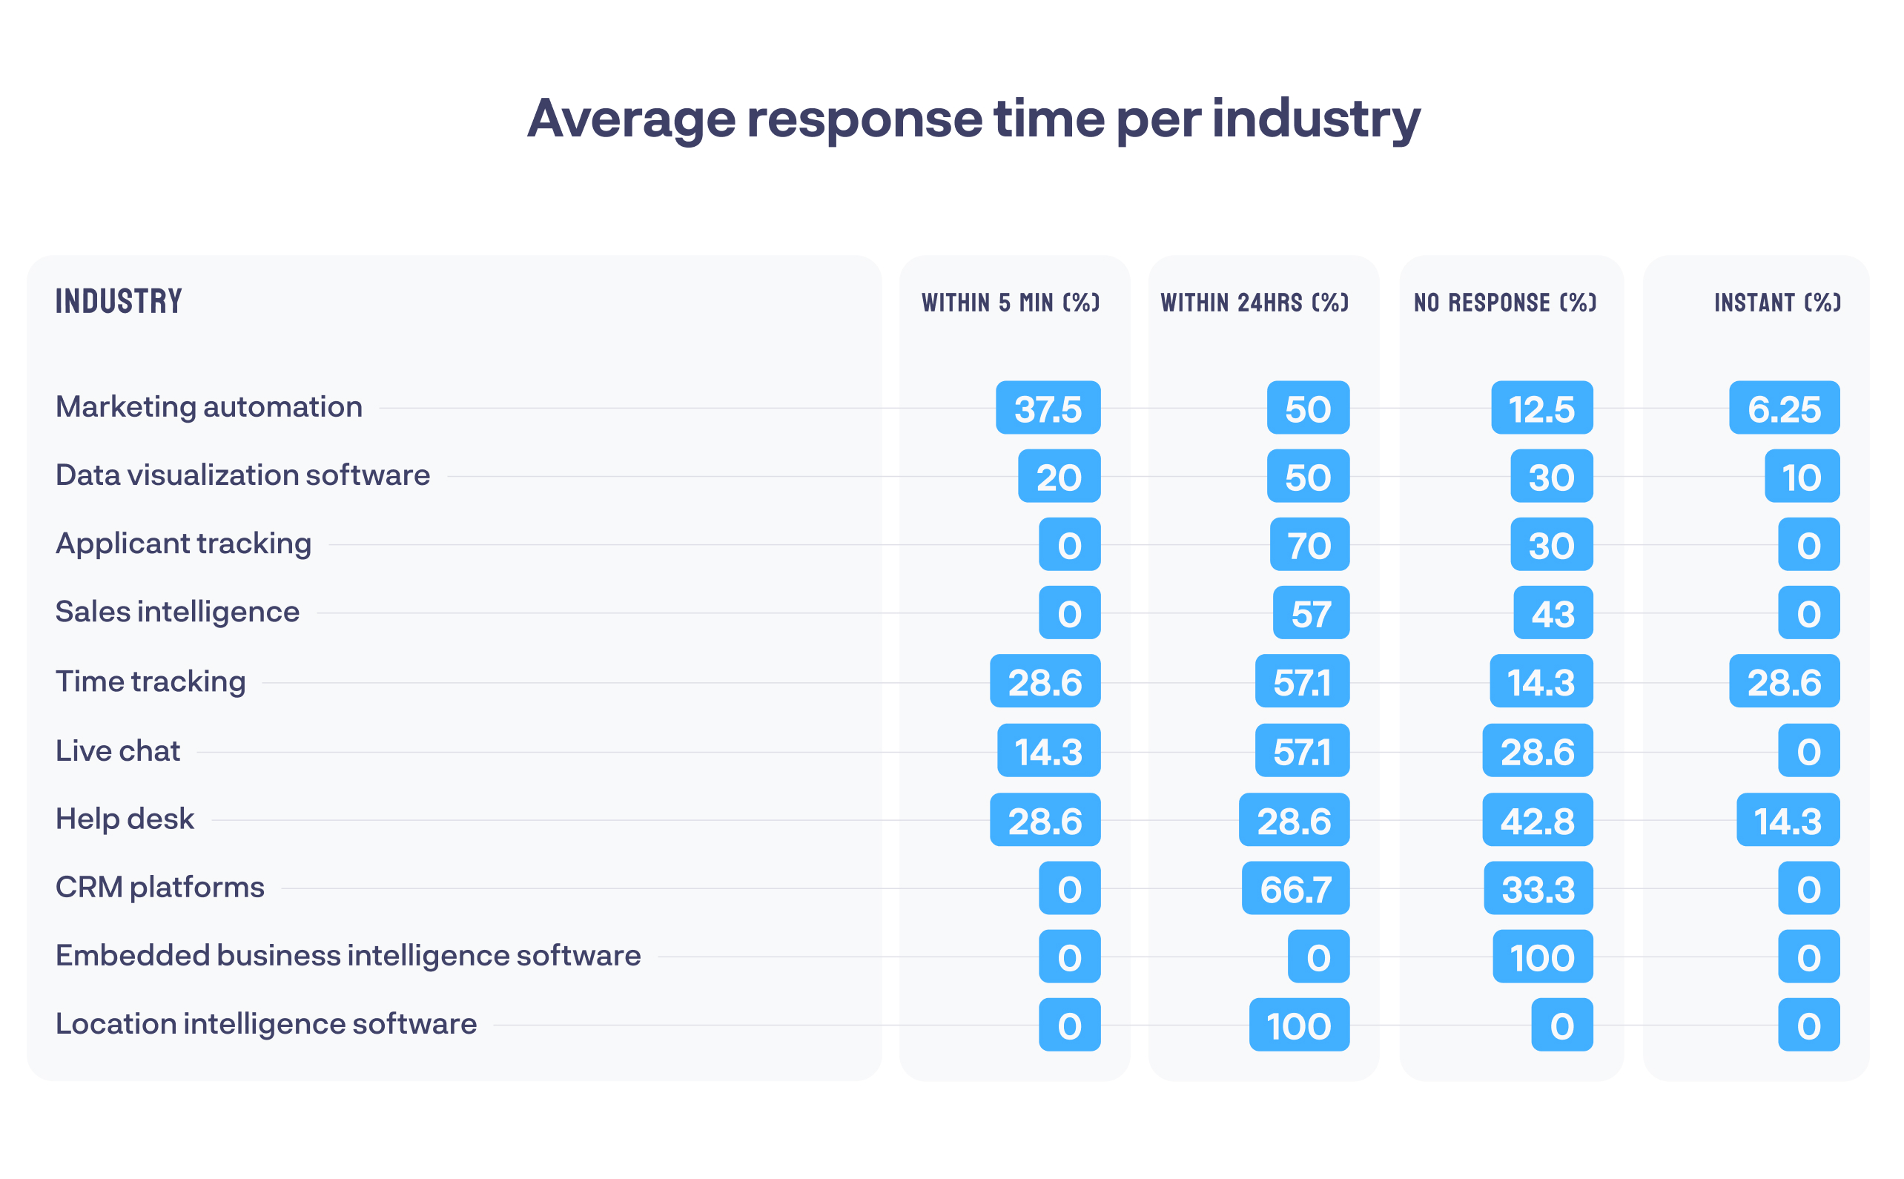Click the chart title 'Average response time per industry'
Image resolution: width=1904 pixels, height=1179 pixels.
[x=973, y=119]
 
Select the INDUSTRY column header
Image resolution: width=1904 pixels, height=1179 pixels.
[x=119, y=302]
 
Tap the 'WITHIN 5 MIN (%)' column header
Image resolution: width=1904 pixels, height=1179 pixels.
[x=1011, y=303]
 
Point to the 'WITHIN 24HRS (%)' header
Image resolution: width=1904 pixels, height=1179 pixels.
[x=1255, y=303]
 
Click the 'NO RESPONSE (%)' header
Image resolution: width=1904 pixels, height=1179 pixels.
[x=1505, y=303]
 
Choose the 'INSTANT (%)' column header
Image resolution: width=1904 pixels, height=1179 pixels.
[x=1777, y=303]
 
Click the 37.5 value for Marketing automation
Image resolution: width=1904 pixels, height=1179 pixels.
[x=1048, y=408]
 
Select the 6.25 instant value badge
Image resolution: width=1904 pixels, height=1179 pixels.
[x=1784, y=408]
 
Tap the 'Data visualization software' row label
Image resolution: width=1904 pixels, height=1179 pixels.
[x=242, y=475]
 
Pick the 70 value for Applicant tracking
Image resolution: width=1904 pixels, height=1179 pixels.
[x=1309, y=545]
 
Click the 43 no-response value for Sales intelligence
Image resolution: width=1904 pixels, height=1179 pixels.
[x=1553, y=614]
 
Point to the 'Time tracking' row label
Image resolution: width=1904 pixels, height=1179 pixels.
[x=151, y=681]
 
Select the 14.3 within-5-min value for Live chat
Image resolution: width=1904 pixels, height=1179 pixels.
[x=1048, y=751]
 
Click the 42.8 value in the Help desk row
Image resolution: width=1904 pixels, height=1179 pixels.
[x=1537, y=820]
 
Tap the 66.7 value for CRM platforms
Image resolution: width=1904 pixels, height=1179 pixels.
[x=1295, y=889]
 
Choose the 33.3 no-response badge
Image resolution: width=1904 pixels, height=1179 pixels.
[x=1538, y=889]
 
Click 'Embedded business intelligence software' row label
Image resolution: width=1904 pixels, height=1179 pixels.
[x=348, y=956]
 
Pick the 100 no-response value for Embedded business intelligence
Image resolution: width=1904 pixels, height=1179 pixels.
[x=1542, y=957]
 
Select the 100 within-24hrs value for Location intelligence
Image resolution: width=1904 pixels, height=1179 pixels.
[x=1298, y=1026]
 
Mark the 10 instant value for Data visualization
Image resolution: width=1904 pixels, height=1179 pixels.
[x=1801, y=477]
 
